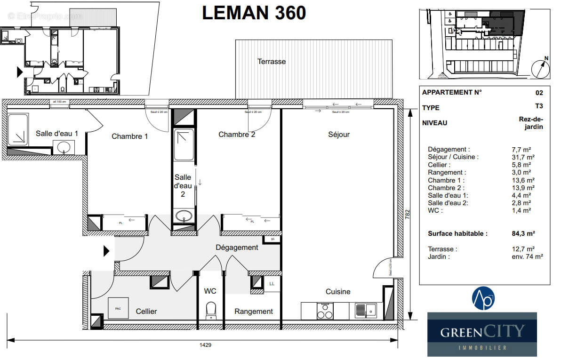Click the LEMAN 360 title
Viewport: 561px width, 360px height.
(254, 13)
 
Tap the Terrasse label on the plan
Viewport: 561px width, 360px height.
(271, 62)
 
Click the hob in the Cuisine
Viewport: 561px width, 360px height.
(325, 311)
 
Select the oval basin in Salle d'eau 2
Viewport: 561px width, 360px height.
(184, 216)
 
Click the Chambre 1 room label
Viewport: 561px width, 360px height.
(129, 136)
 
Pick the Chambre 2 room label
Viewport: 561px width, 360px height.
(237, 135)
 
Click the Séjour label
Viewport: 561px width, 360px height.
(339, 135)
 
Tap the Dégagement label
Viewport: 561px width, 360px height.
(237, 248)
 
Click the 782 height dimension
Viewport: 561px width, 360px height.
(408, 214)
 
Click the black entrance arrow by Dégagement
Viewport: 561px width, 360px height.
(106, 251)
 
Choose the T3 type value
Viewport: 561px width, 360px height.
(538, 107)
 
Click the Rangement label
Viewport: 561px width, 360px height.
(254, 312)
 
